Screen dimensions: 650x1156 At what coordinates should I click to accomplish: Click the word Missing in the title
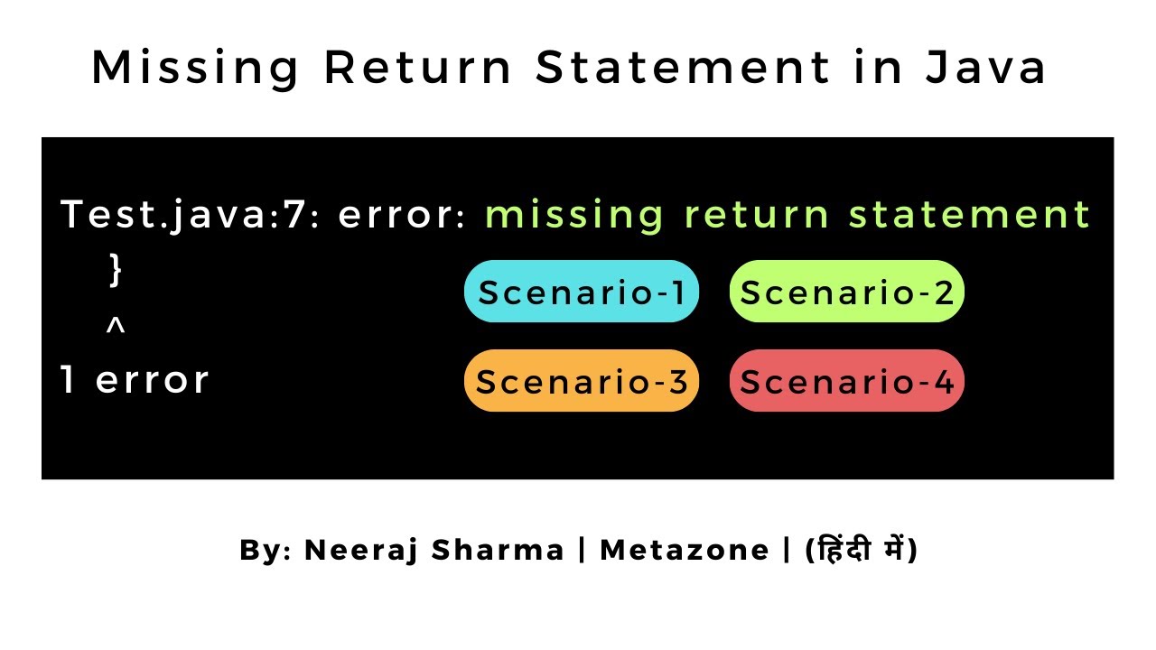(x=196, y=69)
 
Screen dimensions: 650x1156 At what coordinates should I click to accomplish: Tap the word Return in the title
(x=420, y=69)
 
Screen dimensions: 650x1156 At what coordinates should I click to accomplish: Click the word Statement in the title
(x=683, y=69)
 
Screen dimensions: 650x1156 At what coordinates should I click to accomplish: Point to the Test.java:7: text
(x=183, y=216)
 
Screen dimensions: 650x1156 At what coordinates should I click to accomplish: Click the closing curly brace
(x=115, y=270)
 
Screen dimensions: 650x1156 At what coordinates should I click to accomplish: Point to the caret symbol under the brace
(x=115, y=327)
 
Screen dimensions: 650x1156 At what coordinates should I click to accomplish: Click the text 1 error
(x=135, y=380)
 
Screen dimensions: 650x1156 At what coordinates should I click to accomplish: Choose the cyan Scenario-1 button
(x=582, y=292)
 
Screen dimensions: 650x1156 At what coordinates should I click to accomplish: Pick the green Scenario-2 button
(x=847, y=292)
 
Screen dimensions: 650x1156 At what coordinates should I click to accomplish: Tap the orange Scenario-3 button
(x=582, y=381)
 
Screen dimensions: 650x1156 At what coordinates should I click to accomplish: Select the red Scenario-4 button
(x=847, y=381)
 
